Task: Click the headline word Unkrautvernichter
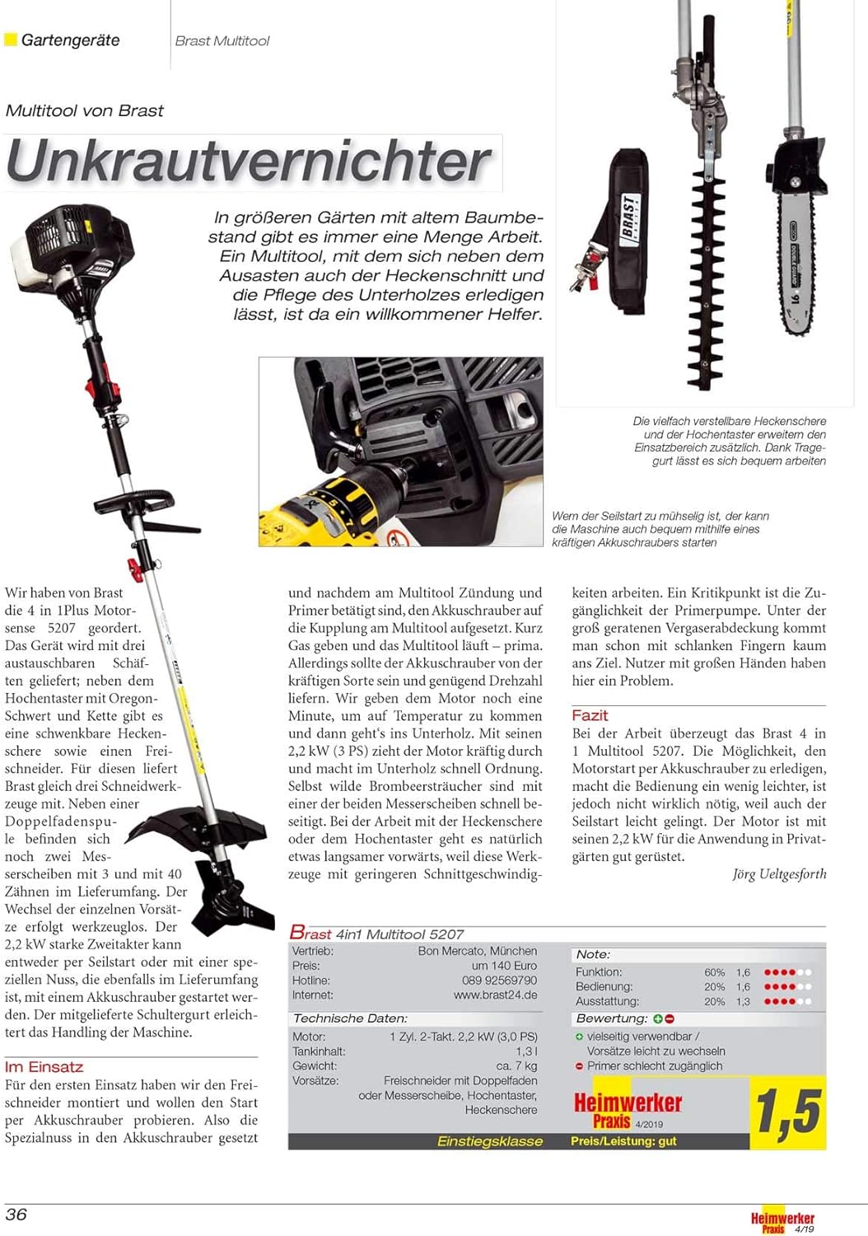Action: (250, 162)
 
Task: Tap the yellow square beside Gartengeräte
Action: (11, 40)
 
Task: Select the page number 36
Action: (16, 1214)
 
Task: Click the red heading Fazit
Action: (590, 715)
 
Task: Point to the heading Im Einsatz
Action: (44, 1066)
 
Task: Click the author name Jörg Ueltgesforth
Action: (779, 874)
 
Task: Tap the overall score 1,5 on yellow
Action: (788, 1112)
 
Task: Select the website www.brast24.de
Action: (495, 995)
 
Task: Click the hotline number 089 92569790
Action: (499, 981)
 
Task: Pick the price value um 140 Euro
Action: (504, 966)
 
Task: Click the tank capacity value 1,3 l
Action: (526, 1051)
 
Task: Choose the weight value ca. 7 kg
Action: (516, 1066)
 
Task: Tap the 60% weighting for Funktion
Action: (714, 972)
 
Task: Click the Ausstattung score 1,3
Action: (743, 1001)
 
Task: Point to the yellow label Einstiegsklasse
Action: (489, 1141)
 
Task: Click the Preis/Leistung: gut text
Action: (623, 1141)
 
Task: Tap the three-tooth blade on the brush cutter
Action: (231, 906)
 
